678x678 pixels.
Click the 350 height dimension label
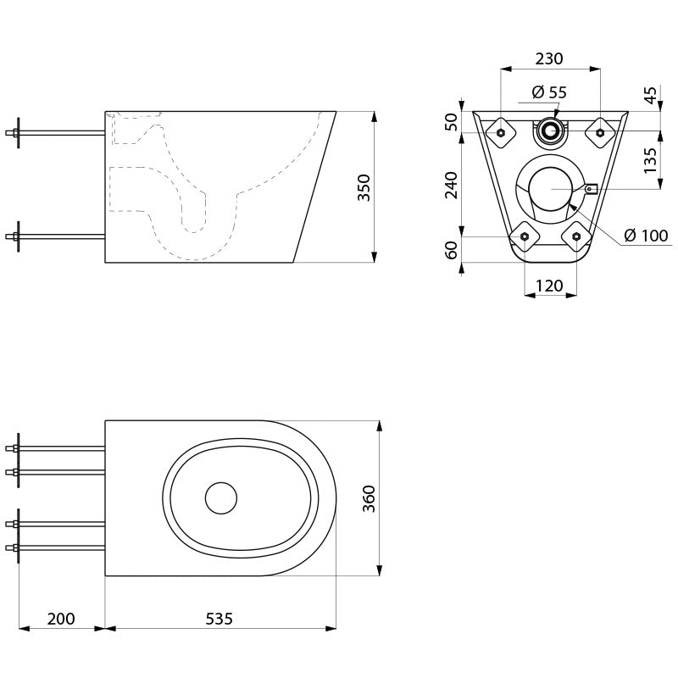pos(364,187)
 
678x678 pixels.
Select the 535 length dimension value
pos(219,619)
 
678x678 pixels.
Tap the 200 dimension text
pos(61,619)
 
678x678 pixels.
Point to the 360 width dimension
pos(369,498)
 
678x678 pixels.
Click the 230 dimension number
pos(549,58)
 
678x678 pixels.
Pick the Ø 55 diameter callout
pos(549,92)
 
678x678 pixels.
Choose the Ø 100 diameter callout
pos(646,236)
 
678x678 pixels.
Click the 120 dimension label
pos(549,286)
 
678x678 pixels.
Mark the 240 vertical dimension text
pos(452,185)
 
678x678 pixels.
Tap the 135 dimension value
pos(650,160)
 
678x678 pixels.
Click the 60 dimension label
pos(452,250)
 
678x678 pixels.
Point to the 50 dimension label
pos(452,121)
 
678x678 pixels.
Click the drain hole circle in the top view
pos(221,498)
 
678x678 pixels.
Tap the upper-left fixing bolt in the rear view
pos(501,132)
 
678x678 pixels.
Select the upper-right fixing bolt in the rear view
pos(600,132)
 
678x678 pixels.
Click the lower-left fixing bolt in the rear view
pos(525,236)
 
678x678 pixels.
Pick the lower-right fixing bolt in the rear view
pos(576,236)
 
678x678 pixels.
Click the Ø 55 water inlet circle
pos(550,131)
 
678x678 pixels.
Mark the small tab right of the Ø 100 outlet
pos(591,188)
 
